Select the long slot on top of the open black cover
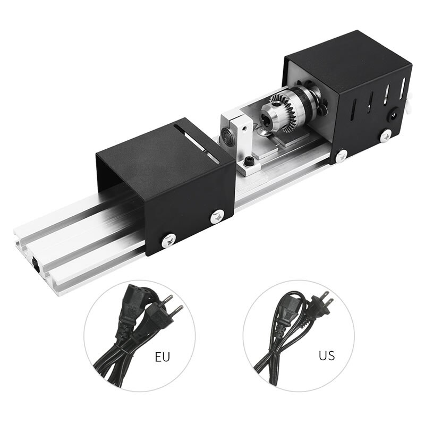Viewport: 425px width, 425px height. coord(196,143)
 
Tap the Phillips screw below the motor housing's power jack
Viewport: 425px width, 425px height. coord(386,135)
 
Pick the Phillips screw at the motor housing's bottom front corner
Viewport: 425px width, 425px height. coord(342,156)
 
